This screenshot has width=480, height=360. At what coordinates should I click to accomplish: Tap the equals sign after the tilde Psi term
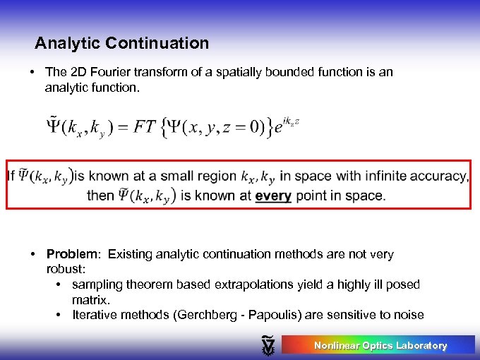(126, 129)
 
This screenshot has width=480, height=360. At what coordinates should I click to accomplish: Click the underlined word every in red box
(273, 196)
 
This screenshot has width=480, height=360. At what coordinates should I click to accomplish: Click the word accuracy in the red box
(440, 176)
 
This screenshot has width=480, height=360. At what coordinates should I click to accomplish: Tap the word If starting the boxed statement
(11, 176)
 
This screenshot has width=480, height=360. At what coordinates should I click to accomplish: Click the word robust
(64, 269)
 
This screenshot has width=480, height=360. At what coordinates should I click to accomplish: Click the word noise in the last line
(408, 315)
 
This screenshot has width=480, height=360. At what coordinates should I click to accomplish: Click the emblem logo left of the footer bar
(268, 345)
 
